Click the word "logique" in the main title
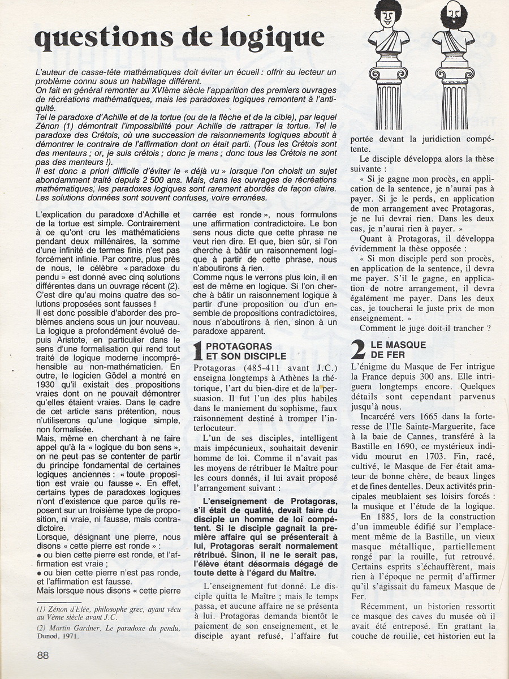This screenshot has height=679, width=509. (269, 37)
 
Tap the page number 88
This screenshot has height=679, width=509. (42, 655)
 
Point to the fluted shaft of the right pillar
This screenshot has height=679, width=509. (454, 113)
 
